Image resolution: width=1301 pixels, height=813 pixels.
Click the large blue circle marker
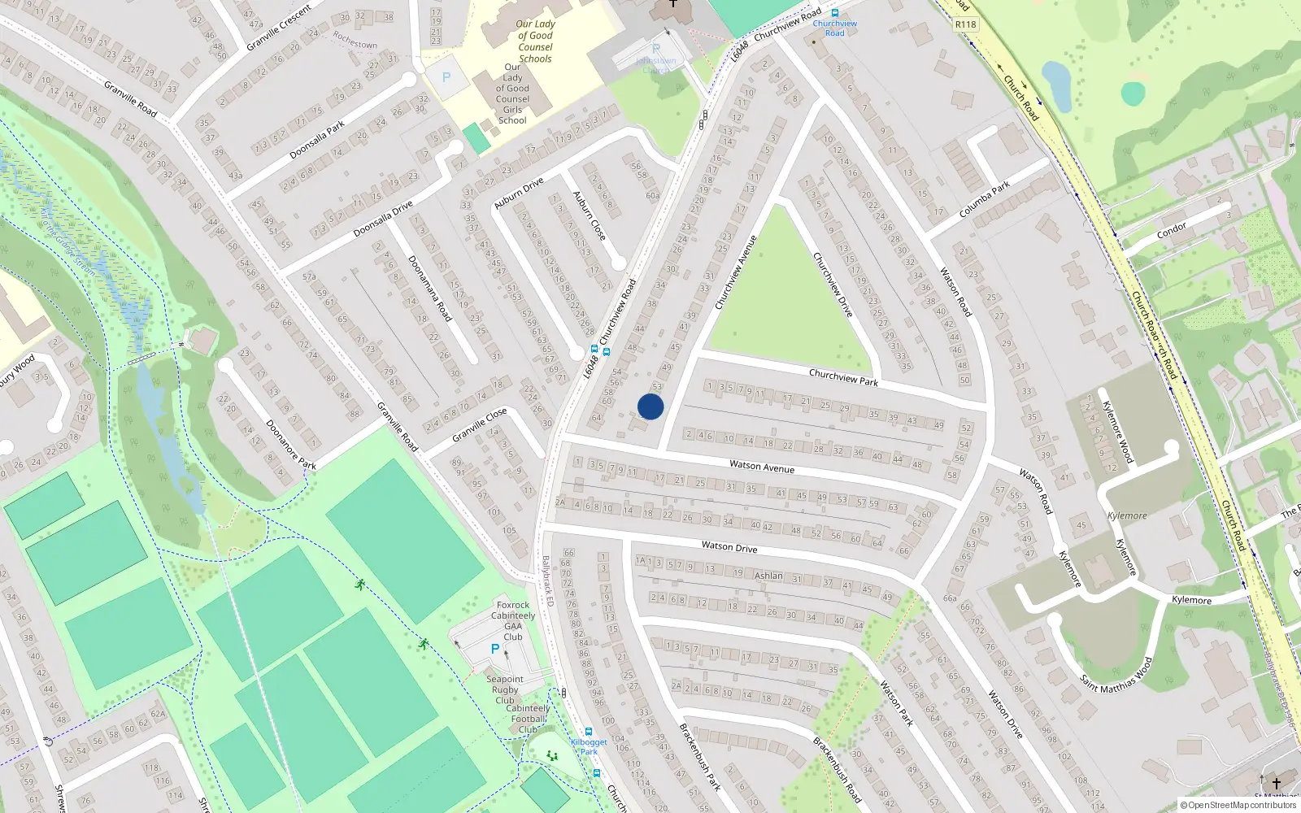(x=650, y=406)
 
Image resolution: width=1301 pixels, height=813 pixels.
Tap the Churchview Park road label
(x=843, y=377)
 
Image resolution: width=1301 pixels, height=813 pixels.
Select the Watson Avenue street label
(x=762, y=466)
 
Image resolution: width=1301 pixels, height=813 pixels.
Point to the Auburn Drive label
(x=519, y=193)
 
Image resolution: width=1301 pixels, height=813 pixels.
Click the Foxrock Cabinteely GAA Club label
(x=513, y=621)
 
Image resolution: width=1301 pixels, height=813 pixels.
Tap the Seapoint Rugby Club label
(x=505, y=689)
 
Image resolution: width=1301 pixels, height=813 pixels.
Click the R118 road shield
(x=965, y=24)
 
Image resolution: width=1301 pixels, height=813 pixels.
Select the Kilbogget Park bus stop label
(x=589, y=746)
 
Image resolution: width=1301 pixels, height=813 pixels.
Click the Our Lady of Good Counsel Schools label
(x=535, y=41)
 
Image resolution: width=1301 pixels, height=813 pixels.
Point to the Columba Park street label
(x=984, y=199)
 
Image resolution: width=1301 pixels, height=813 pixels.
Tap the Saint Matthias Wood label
(x=1116, y=675)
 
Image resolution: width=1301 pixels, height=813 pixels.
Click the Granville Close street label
(x=479, y=424)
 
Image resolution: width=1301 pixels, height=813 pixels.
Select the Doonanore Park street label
(x=291, y=445)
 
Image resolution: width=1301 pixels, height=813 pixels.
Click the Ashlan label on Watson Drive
(x=768, y=576)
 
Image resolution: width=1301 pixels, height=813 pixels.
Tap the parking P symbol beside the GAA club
(x=494, y=649)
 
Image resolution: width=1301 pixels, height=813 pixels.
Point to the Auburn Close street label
(x=589, y=215)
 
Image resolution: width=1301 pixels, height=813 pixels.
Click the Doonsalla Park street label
(x=317, y=139)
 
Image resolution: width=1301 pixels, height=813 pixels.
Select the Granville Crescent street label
(x=279, y=28)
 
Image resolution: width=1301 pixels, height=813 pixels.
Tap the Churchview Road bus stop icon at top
(x=834, y=13)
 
